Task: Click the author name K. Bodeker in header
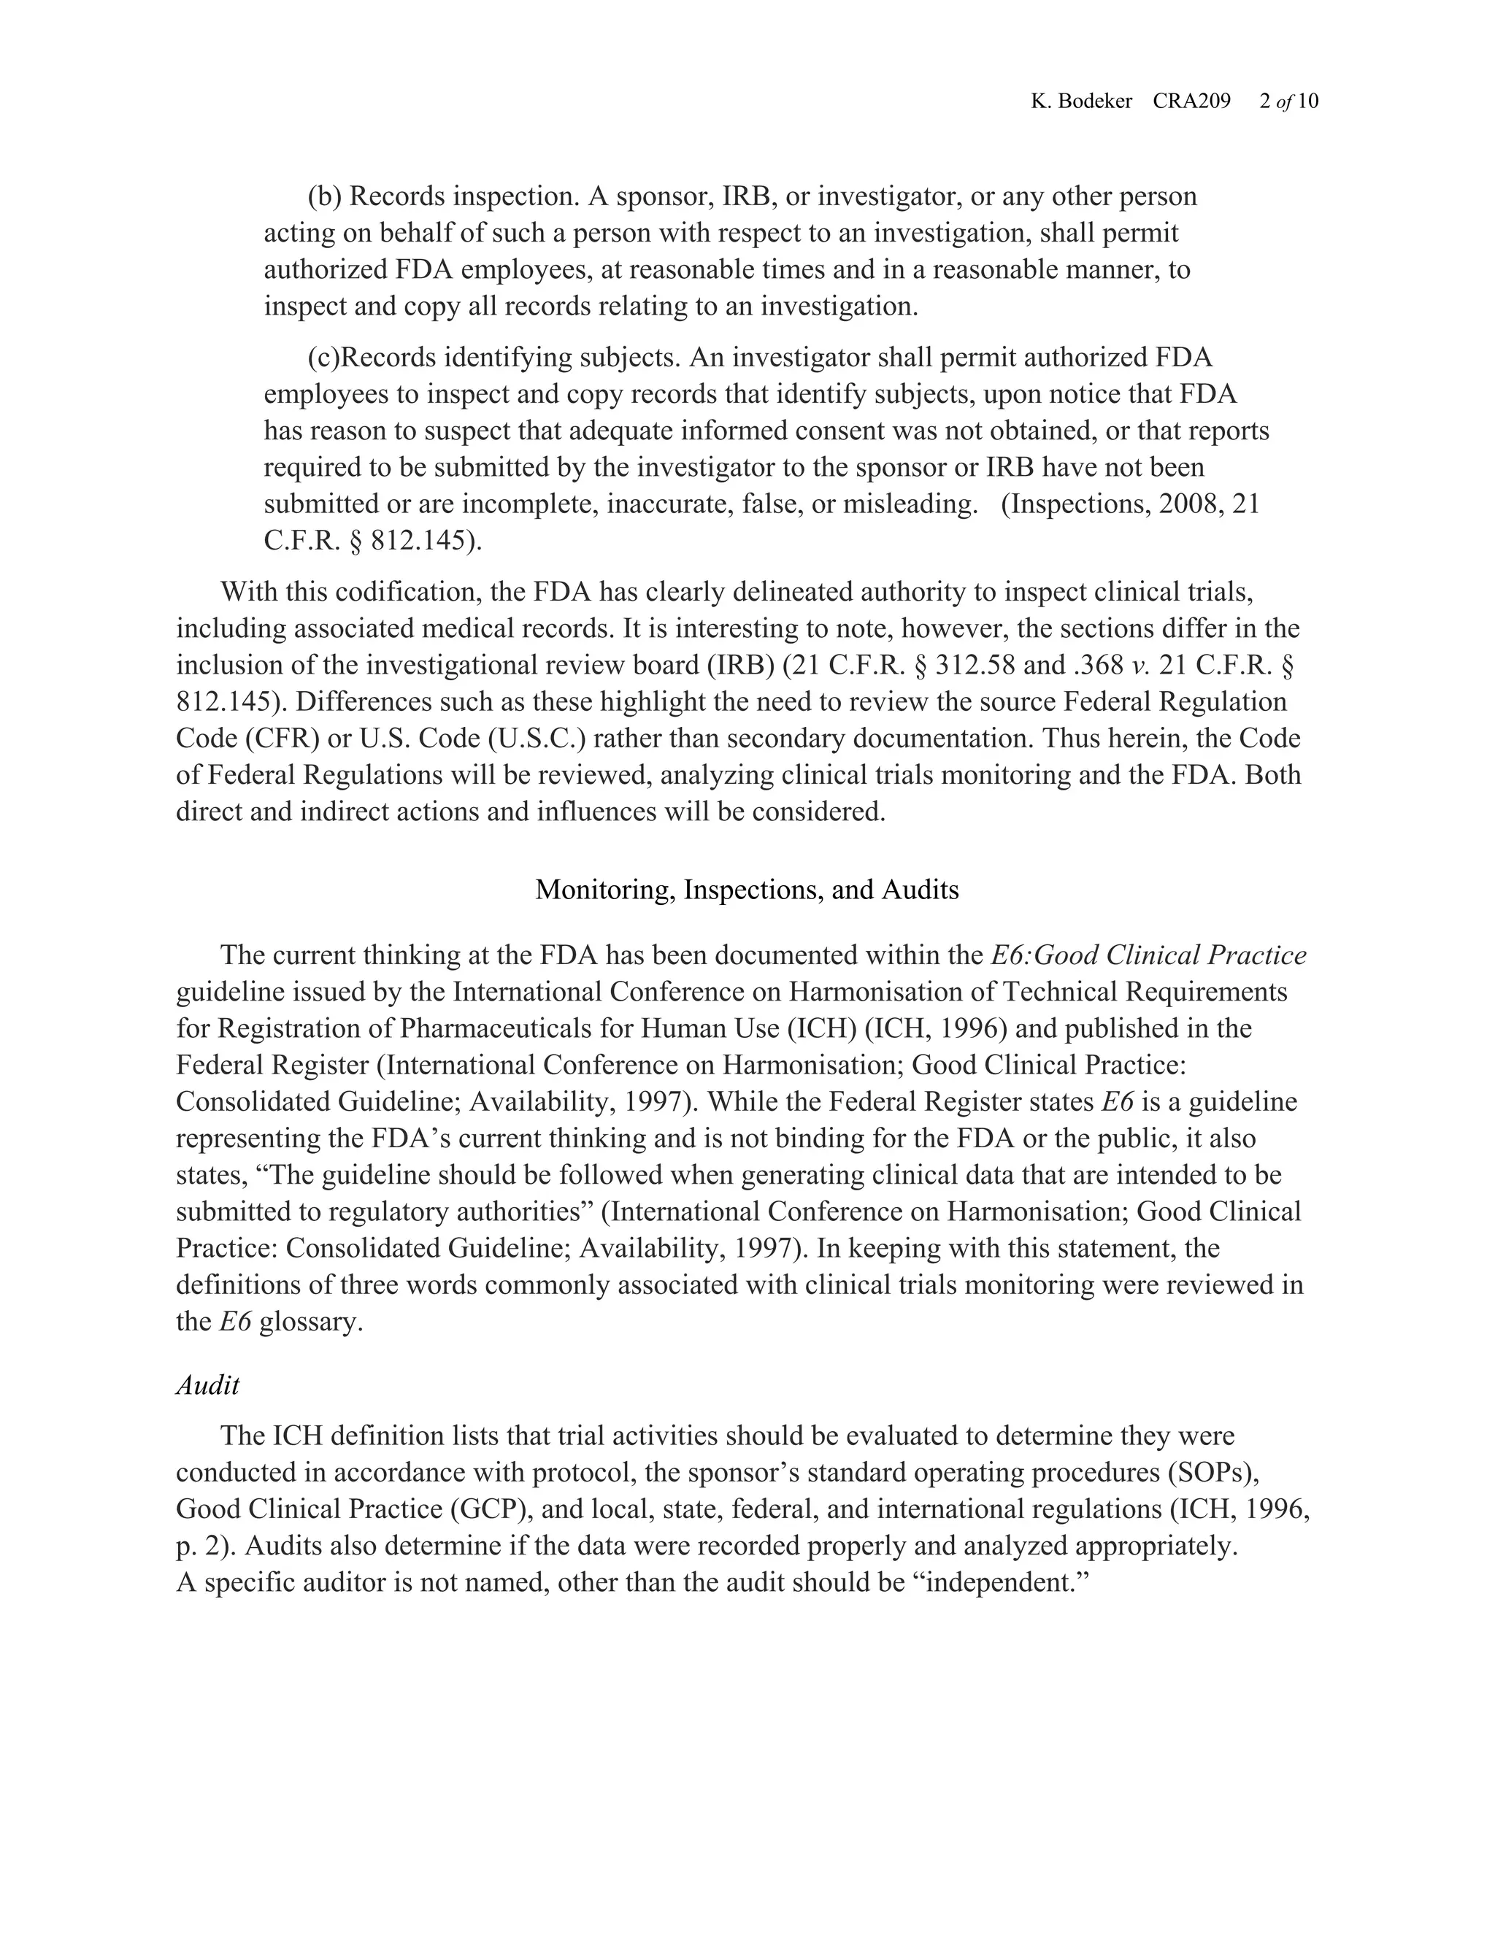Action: tap(1080, 102)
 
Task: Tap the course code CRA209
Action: tap(1191, 102)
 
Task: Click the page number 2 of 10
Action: tap(1288, 102)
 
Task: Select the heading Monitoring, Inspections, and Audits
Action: tap(747, 889)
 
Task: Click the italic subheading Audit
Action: tap(207, 1385)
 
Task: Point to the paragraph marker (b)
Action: tap(324, 196)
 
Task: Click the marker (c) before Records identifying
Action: tap(323, 358)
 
